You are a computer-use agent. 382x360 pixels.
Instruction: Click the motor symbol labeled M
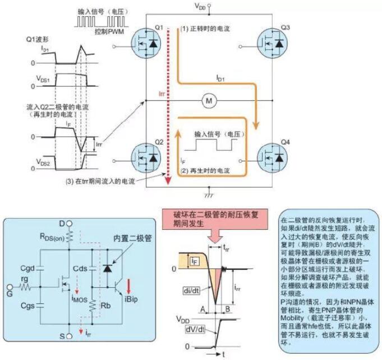point(209,100)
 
